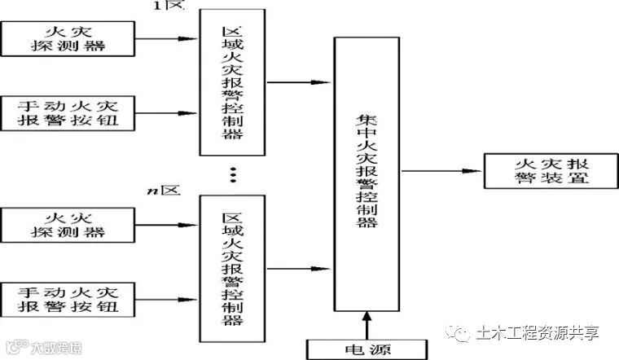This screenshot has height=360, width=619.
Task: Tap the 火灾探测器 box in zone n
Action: [66, 225]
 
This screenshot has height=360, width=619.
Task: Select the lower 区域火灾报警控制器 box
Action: [232, 269]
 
